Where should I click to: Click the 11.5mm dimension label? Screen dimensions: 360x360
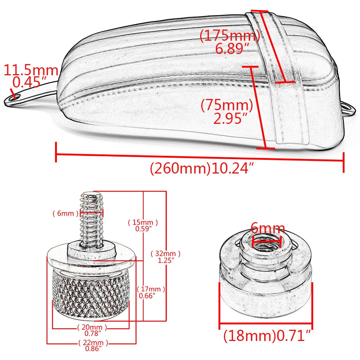click(31, 70)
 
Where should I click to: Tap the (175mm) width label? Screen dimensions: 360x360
click(230, 36)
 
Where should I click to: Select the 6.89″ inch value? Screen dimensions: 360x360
click(232, 49)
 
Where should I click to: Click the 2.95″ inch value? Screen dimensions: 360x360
click(230, 118)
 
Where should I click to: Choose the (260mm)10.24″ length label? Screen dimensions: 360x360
click(202, 168)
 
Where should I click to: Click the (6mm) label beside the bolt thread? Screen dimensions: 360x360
click(66, 213)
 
